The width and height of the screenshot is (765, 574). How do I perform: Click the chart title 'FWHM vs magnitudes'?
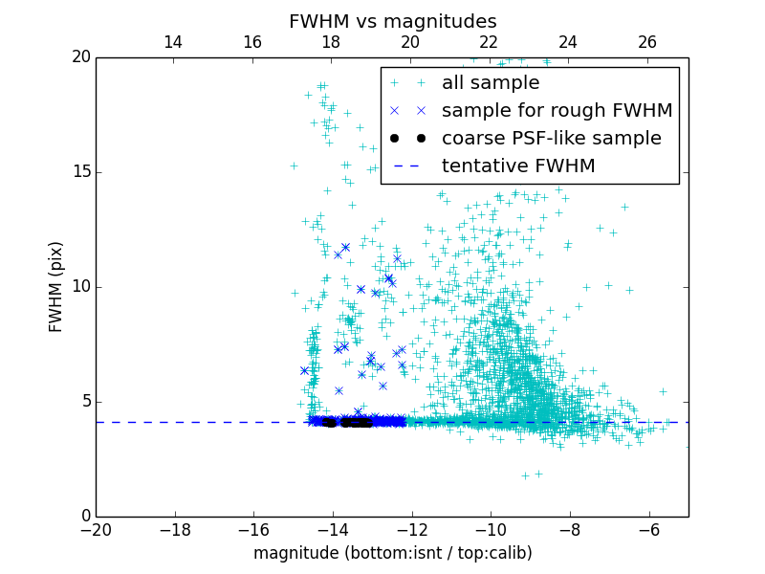(x=392, y=21)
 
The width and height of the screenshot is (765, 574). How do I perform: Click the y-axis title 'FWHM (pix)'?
(x=56, y=287)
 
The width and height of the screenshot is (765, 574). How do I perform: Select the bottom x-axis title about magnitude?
(x=392, y=553)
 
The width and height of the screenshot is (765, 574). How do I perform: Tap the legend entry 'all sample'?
(x=490, y=83)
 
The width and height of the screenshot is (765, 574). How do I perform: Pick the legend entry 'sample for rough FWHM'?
(x=557, y=111)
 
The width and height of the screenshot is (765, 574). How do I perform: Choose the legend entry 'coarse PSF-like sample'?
(x=551, y=139)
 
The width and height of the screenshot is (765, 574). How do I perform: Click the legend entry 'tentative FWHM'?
(x=518, y=166)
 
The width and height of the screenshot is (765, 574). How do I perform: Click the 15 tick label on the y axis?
(x=80, y=172)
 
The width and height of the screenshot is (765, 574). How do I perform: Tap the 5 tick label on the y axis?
(x=84, y=402)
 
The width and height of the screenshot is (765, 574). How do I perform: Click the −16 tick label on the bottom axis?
(x=253, y=530)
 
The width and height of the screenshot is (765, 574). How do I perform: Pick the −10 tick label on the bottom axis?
(x=491, y=530)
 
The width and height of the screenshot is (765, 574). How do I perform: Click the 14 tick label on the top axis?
(x=173, y=42)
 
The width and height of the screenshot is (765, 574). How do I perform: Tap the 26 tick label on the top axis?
(x=647, y=42)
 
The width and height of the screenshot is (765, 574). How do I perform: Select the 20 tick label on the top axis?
(x=410, y=42)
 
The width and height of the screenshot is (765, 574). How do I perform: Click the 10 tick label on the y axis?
(x=80, y=287)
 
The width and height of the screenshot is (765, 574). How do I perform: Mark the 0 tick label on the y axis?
(x=84, y=517)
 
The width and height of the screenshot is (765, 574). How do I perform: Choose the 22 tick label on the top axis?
(x=489, y=42)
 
